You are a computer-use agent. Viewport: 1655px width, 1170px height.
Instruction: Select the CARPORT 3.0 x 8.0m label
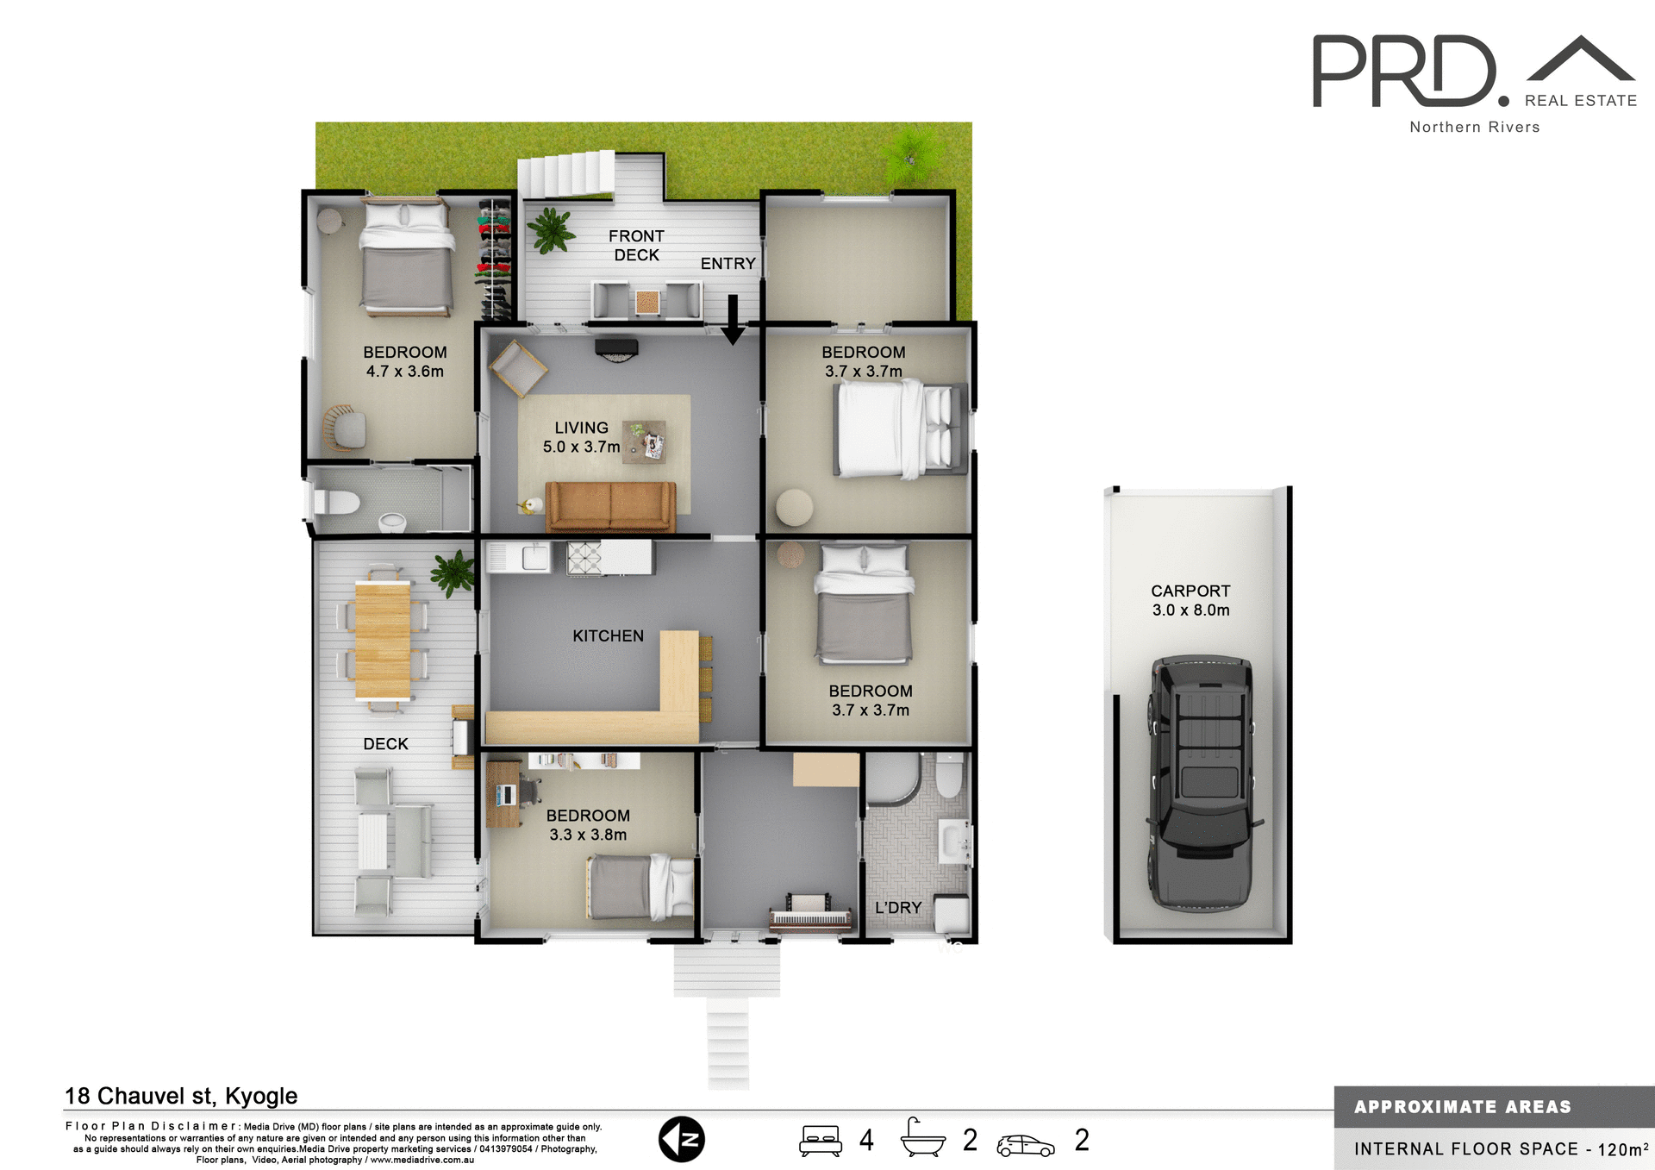point(1190,600)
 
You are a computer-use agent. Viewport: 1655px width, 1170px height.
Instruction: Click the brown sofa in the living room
point(610,506)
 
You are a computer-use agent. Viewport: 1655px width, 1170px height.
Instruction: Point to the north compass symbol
point(682,1140)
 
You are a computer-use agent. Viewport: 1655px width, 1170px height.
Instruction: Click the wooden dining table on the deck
point(383,640)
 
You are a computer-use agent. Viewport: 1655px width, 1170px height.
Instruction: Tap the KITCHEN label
point(608,635)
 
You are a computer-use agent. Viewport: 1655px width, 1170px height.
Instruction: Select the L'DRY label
point(898,907)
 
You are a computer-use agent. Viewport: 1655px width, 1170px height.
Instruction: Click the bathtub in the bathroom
point(893,778)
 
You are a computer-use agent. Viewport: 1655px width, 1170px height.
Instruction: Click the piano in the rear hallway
point(810,916)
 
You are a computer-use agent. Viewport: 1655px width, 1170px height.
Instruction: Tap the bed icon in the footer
point(820,1140)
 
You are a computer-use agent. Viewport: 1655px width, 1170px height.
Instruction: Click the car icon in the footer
point(1025,1145)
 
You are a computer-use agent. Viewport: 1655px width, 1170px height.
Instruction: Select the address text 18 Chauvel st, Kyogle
point(181,1096)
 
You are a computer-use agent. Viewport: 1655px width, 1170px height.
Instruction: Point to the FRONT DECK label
point(636,245)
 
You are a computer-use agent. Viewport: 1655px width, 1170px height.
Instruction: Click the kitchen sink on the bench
point(534,558)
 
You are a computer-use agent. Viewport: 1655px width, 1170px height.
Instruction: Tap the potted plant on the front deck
point(550,230)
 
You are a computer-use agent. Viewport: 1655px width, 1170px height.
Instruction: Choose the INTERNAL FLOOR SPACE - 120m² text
point(1500,1148)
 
